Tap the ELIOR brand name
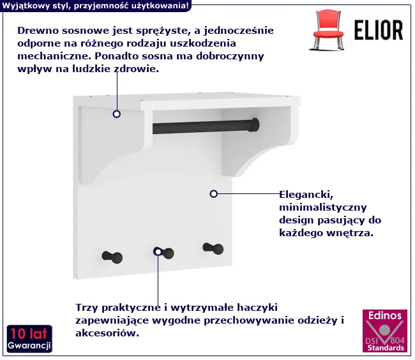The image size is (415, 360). pos(379,30)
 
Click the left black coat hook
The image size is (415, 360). pos(112,257)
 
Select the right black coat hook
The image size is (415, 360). pos(213,248)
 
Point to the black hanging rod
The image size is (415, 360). pos(206,126)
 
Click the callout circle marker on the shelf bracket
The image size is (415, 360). pos(116,114)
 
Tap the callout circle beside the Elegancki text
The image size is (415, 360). pos(214,194)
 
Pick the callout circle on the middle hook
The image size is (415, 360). pos(158,252)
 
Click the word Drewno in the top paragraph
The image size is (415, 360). pos(38,31)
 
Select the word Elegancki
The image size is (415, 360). pos(306,195)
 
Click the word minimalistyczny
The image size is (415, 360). pos(323,207)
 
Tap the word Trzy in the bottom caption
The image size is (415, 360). pos(87,308)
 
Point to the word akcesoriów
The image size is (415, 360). pos(107,333)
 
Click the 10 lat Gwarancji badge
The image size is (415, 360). pos(29,339)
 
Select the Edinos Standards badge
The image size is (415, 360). pos(385,331)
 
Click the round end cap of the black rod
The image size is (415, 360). pos(255,125)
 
